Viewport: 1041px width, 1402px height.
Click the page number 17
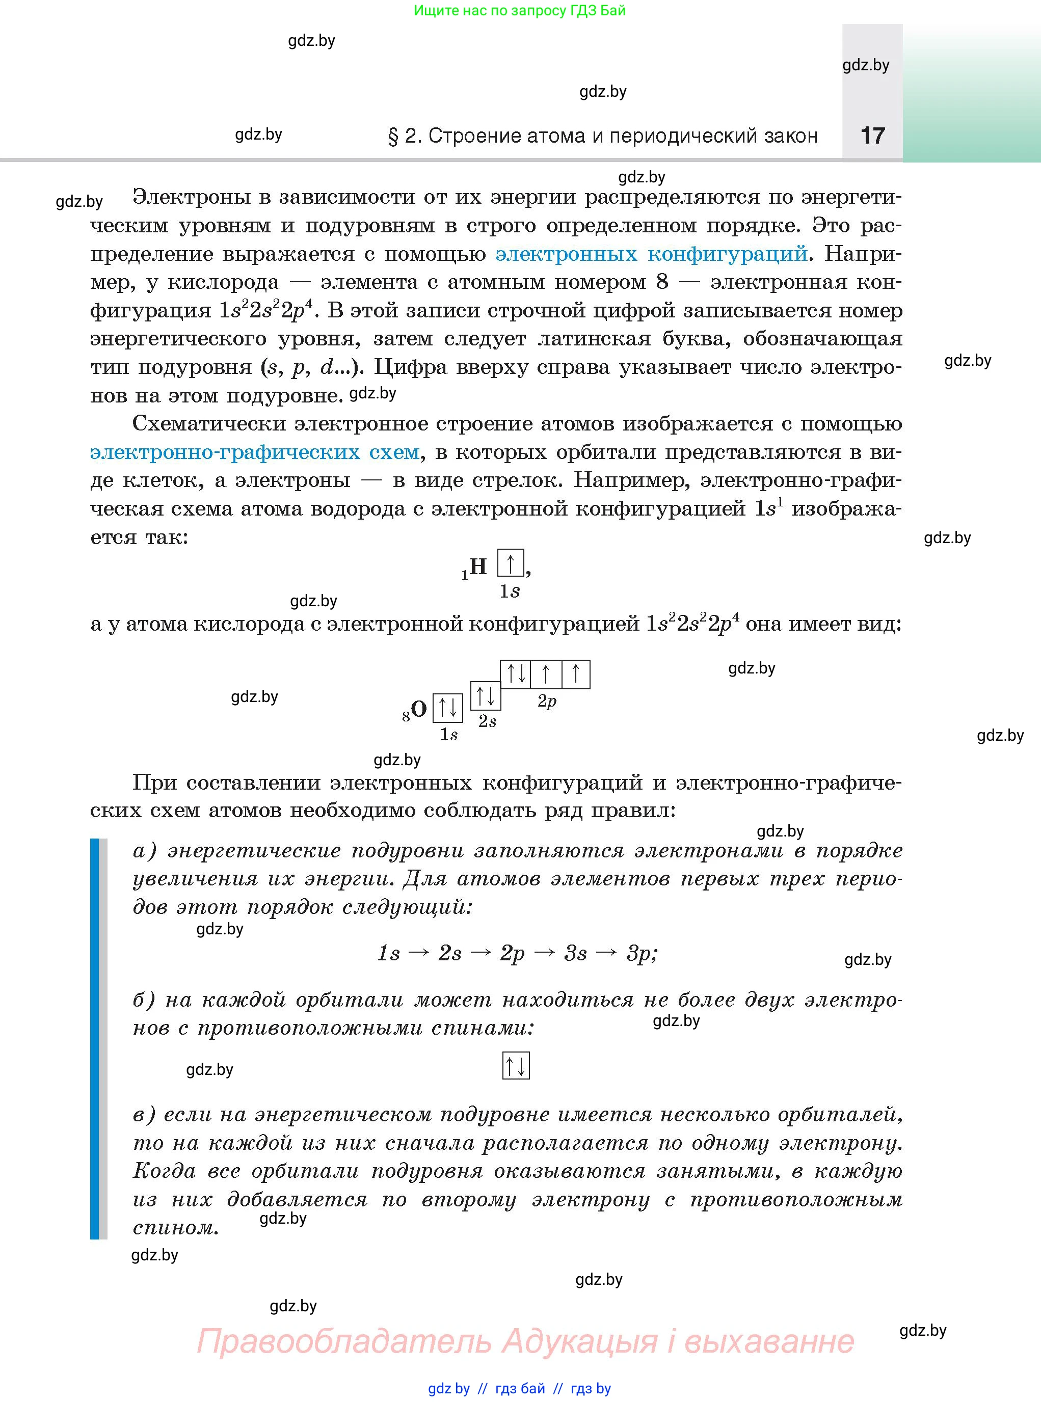(x=872, y=136)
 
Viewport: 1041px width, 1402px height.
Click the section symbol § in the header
(x=393, y=137)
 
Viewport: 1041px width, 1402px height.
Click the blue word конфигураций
(x=727, y=254)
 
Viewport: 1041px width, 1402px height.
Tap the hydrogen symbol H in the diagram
(x=478, y=566)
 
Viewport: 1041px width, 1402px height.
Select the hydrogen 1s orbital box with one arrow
(x=511, y=562)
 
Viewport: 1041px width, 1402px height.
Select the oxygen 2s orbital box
(x=486, y=695)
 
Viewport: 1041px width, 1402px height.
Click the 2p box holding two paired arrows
(x=516, y=674)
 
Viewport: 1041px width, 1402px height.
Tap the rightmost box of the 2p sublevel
(x=575, y=674)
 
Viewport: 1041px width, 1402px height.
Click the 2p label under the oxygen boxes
(x=547, y=702)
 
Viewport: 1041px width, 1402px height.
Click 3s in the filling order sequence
(x=575, y=953)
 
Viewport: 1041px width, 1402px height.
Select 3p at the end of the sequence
(x=639, y=953)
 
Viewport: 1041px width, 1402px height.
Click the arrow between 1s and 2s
(x=418, y=953)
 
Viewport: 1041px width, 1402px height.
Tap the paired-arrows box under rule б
(x=516, y=1066)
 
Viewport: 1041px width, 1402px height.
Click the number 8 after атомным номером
(x=662, y=282)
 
